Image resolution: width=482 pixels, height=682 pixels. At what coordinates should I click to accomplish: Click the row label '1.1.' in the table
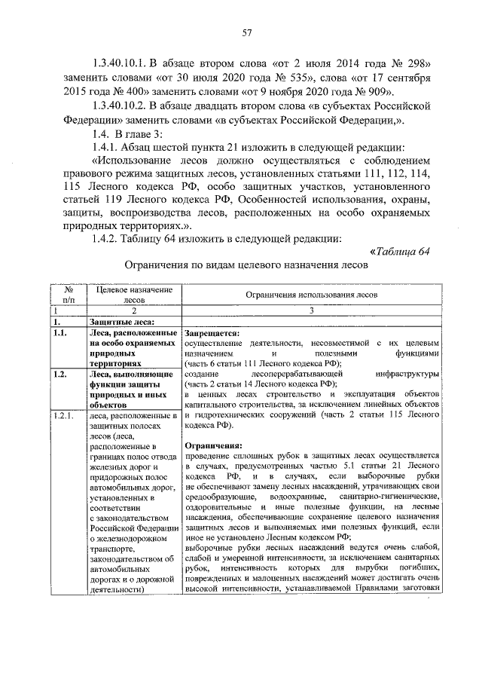coord(60,333)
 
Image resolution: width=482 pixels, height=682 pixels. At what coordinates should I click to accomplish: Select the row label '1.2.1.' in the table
coord(62,416)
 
